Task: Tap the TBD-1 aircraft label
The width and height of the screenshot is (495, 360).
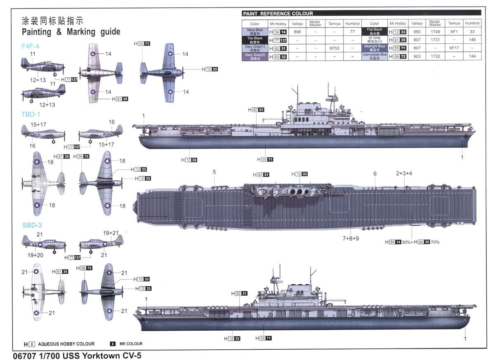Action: [31, 114]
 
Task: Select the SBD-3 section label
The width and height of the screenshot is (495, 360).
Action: [31, 225]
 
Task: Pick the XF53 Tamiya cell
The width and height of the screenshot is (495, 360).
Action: [334, 48]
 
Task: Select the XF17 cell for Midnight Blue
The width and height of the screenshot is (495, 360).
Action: [454, 48]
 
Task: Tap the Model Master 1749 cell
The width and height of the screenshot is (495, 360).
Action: [435, 32]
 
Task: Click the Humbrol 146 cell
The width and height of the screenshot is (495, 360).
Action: [472, 40]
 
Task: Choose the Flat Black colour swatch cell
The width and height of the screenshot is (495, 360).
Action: [374, 32]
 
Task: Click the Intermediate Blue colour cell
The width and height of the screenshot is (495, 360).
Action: [374, 56]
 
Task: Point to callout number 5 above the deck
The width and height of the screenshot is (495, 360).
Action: [214, 172]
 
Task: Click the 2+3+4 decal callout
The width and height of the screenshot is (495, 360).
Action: [404, 173]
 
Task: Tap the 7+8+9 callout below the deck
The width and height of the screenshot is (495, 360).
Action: [351, 238]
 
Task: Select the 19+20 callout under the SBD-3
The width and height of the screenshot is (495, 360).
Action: [35, 256]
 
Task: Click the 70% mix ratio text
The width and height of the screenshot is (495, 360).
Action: [435, 242]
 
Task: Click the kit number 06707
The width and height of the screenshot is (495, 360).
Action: [22, 355]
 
